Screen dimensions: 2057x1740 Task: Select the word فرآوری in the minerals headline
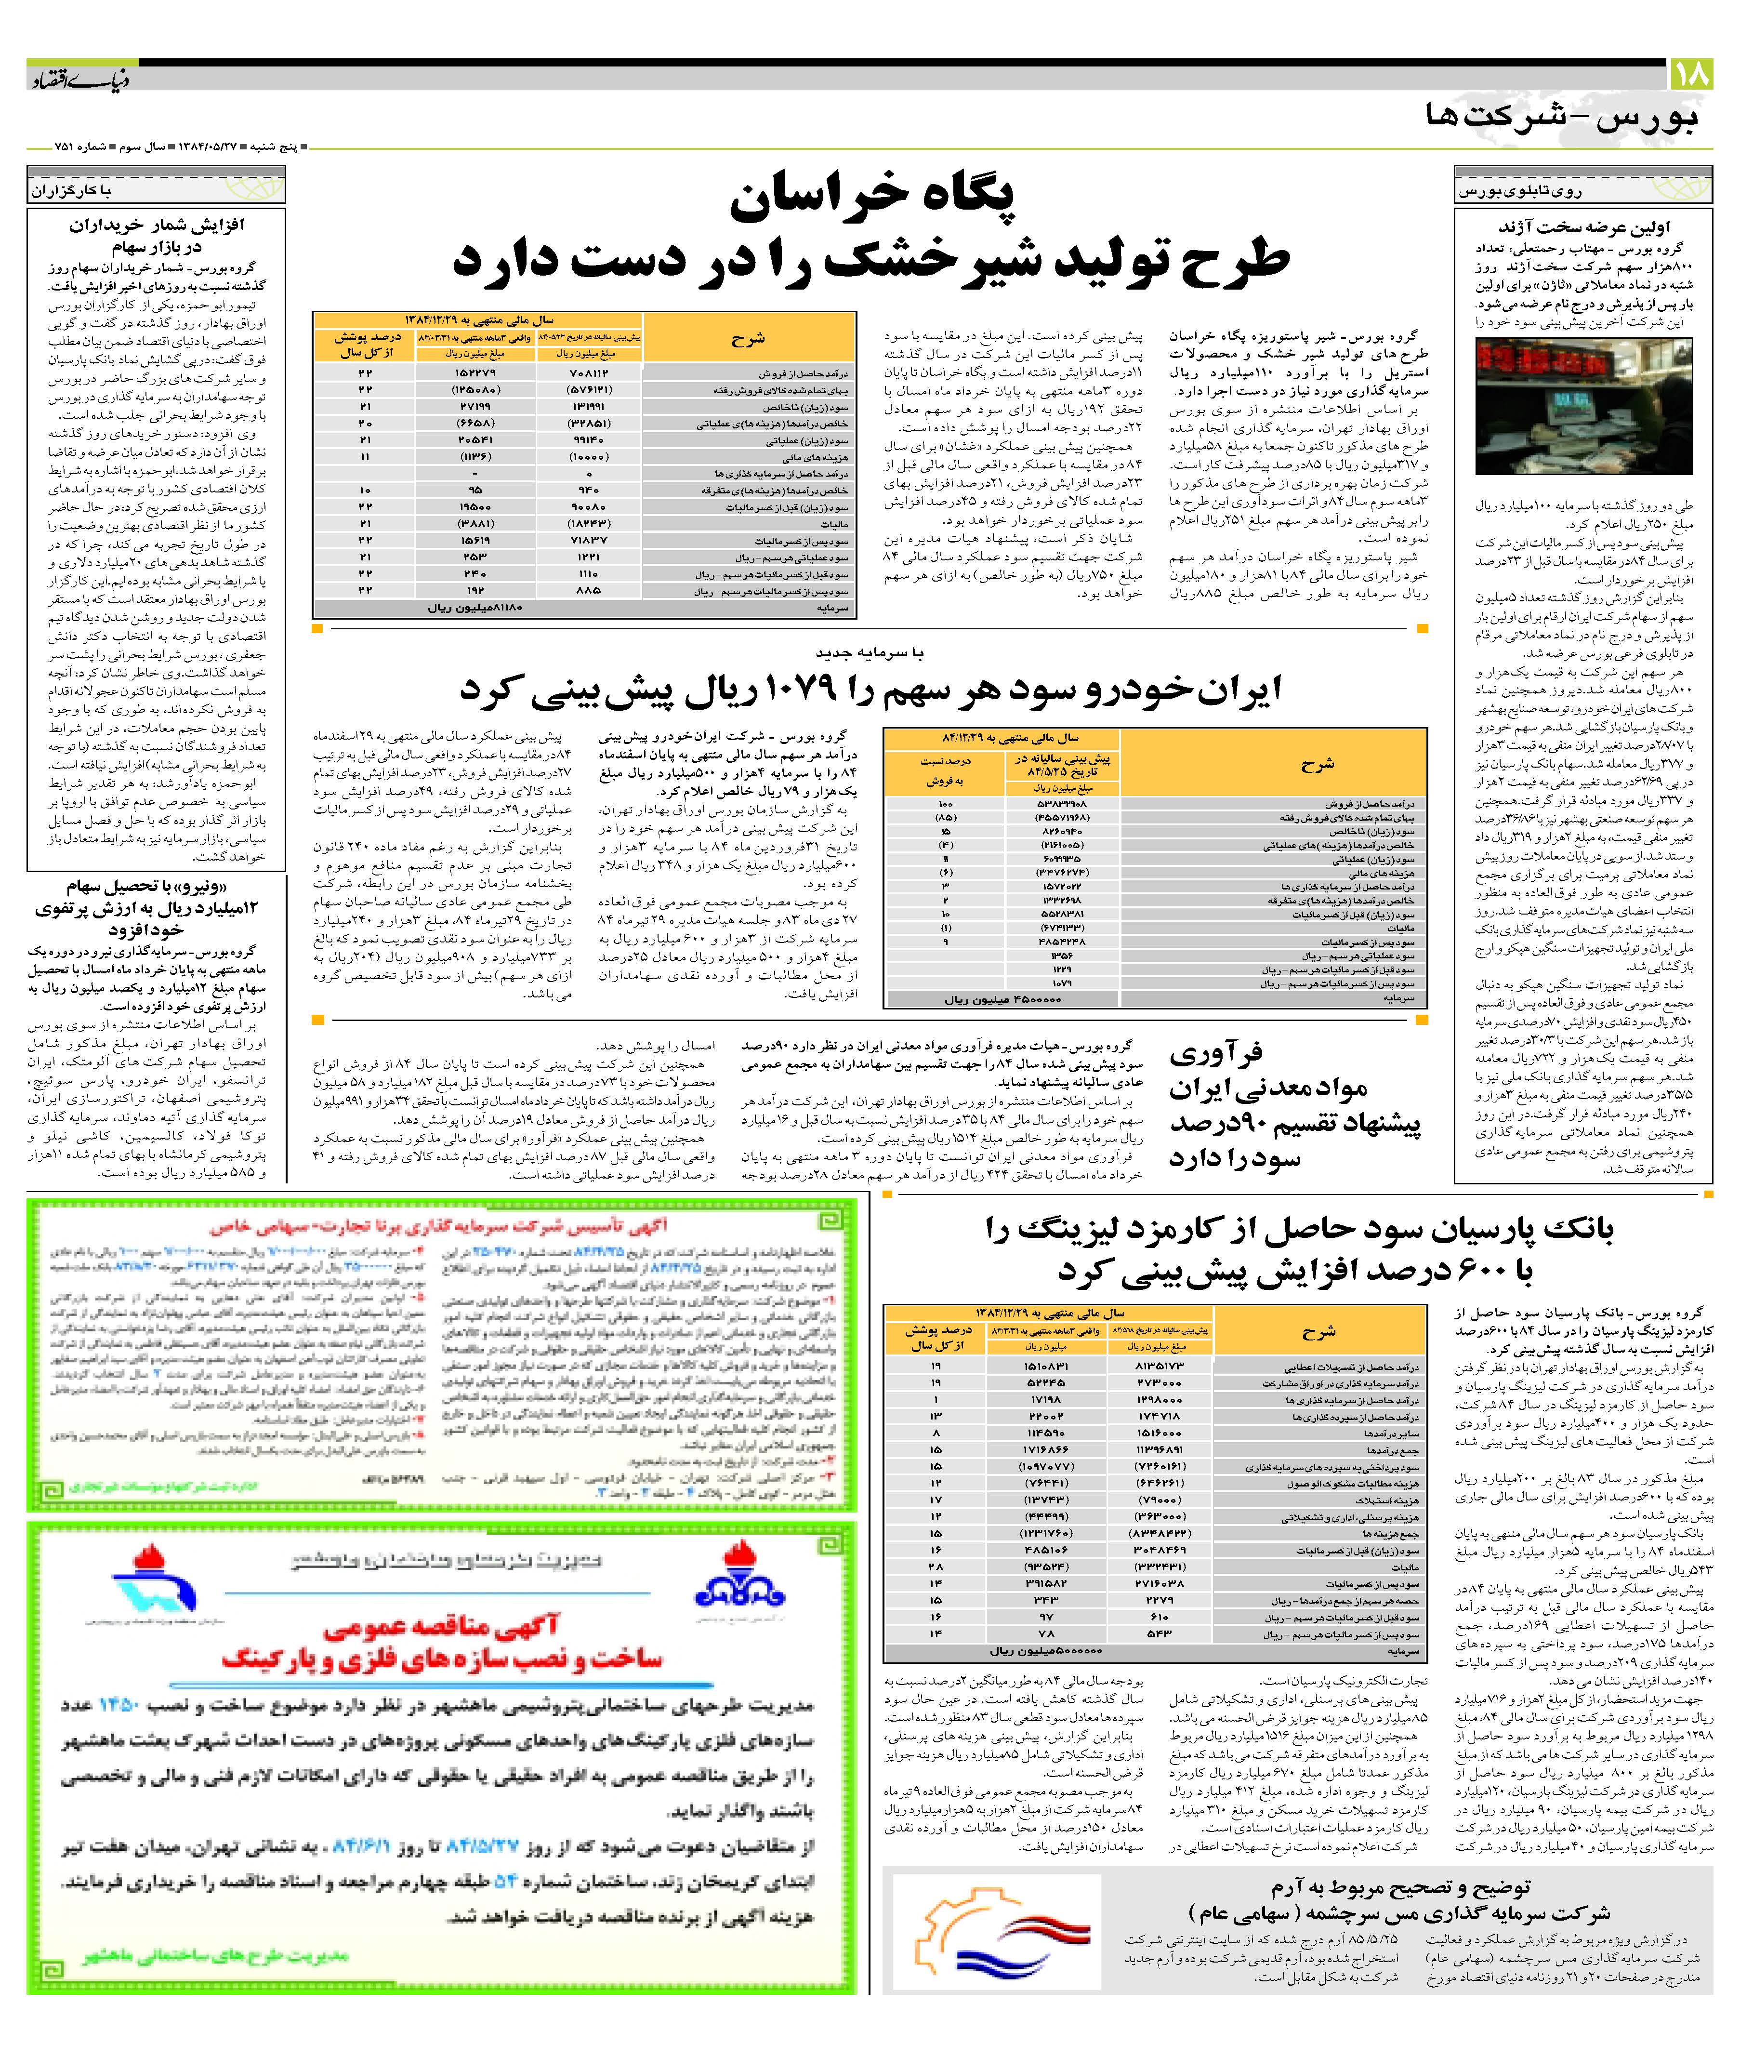click(1216, 1053)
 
